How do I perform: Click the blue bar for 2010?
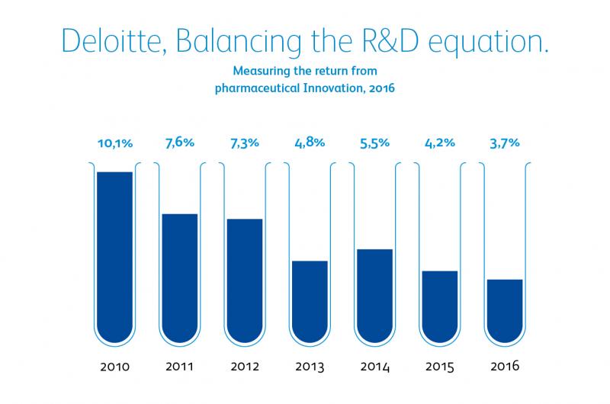click(x=114, y=255)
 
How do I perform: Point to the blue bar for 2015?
click(x=439, y=305)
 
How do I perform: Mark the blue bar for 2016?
click(x=504, y=309)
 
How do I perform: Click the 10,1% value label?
click(x=114, y=142)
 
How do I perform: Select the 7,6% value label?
click(x=179, y=142)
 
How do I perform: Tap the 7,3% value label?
click(x=244, y=142)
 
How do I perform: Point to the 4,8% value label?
click(x=309, y=142)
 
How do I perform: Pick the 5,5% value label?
click(x=374, y=142)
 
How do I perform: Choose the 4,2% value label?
click(x=439, y=142)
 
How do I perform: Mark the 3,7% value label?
click(x=504, y=142)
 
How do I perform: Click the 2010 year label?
click(x=114, y=367)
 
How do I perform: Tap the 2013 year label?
click(x=309, y=367)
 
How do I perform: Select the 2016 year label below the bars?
click(x=504, y=367)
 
